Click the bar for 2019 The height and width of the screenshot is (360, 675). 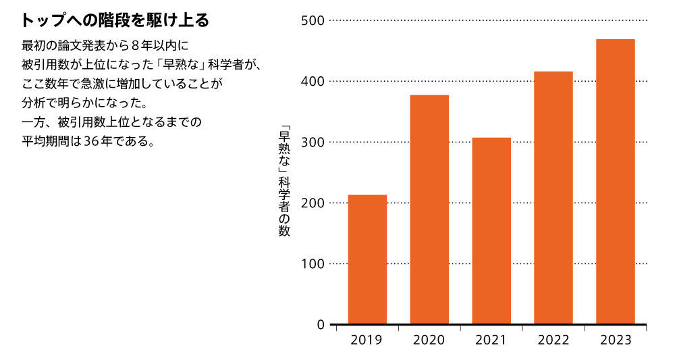(x=367, y=259)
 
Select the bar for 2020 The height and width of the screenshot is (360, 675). (x=429, y=209)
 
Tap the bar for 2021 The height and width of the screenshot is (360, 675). (x=491, y=231)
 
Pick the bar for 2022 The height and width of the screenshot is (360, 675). (x=553, y=198)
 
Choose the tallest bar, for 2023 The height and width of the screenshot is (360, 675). (x=616, y=182)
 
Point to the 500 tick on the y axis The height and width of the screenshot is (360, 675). (x=313, y=21)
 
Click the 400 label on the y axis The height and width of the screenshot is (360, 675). (x=313, y=82)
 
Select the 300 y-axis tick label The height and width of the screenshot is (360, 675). (x=313, y=143)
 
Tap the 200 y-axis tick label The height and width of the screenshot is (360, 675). (x=313, y=203)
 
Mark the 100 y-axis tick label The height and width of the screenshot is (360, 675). (x=313, y=264)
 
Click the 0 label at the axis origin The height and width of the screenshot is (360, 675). (x=321, y=325)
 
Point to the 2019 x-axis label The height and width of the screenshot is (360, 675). (x=367, y=340)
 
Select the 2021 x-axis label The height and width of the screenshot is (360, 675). (x=491, y=340)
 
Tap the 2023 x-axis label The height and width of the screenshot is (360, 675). (x=616, y=340)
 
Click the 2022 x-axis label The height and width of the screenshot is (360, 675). (x=553, y=340)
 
